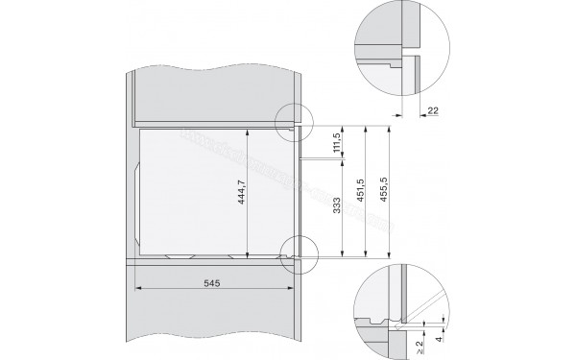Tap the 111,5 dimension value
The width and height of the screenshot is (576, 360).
[x=336, y=142]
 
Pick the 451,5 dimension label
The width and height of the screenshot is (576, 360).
[x=361, y=192]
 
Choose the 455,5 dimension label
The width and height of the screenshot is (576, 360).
[x=385, y=192]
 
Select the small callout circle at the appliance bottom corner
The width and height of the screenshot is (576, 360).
[x=299, y=252]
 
